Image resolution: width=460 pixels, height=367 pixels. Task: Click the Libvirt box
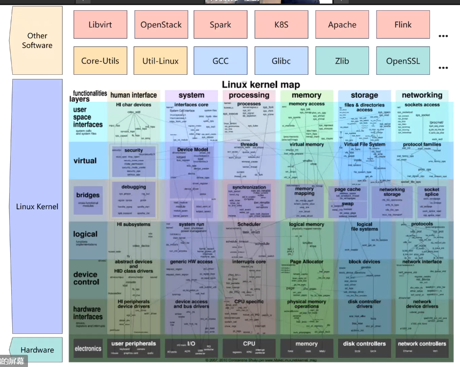click(100, 24)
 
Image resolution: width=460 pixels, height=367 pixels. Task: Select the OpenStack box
click(161, 24)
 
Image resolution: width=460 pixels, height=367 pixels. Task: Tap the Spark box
click(221, 24)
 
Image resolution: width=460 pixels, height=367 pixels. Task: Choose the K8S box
click(281, 24)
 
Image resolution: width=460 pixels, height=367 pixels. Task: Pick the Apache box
click(342, 24)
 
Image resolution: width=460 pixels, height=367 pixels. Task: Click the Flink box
click(403, 24)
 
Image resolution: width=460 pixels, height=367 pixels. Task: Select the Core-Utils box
click(100, 61)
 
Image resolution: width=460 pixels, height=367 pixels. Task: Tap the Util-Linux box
click(161, 61)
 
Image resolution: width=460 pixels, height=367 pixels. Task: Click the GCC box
click(221, 61)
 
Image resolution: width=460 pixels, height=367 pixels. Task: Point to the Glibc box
click(281, 61)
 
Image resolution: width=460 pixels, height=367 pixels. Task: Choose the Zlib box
click(342, 61)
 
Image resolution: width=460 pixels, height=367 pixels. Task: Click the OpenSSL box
click(403, 61)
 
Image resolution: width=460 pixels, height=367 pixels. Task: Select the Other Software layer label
click(37, 40)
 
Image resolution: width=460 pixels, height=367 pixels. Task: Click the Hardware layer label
click(37, 350)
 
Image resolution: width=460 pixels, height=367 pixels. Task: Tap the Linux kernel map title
click(261, 84)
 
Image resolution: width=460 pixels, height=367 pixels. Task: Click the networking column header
click(422, 95)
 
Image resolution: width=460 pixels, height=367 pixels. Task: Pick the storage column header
click(364, 95)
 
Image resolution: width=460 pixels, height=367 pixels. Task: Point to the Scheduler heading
click(249, 224)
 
